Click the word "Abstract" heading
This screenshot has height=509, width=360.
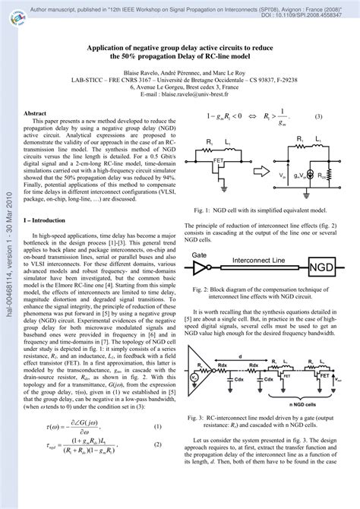click(37, 112)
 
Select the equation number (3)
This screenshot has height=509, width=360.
click(319, 117)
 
